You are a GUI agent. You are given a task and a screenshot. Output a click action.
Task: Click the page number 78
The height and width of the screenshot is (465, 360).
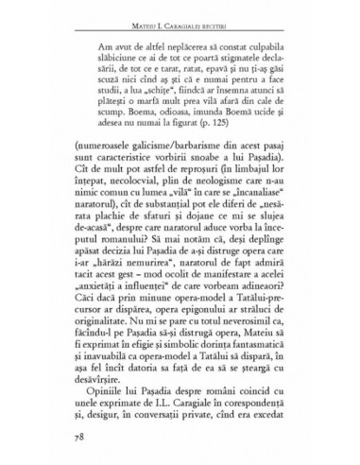pos(63,438)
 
